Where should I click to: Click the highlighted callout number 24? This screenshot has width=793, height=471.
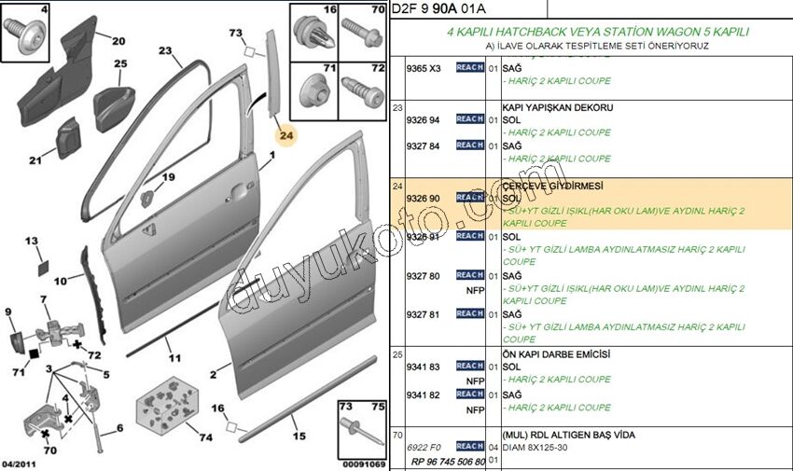(x=286, y=136)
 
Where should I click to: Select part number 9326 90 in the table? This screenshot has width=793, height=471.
(x=423, y=199)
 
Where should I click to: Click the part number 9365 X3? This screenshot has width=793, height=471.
(x=423, y=68)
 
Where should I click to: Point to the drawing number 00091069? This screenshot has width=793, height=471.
(x=363, y=464)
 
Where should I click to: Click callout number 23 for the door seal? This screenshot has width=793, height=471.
(x=166, y=51)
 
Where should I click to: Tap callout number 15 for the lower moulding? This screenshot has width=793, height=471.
(x=299, y=436)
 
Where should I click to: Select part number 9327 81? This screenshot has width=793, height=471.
(x=423, y=314)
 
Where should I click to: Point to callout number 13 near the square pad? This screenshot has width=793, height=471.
(x=32, y=242)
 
